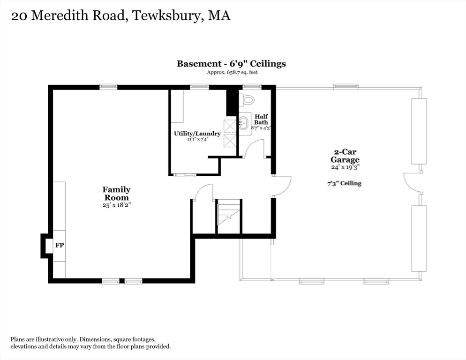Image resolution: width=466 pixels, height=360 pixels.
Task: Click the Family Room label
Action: [x=116, y=194]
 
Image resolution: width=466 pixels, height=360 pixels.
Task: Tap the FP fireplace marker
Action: [x=60, y=245]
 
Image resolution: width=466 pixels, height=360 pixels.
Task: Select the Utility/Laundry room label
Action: [x=191, y=134]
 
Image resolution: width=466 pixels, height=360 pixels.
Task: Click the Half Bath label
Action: [x=261, y=119]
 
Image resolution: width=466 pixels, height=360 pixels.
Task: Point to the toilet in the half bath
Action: [x=247, y=100]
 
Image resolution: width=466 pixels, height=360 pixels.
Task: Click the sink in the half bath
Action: [x=244, y=124]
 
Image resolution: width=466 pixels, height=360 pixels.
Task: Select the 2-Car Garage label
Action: [x=346, y=156]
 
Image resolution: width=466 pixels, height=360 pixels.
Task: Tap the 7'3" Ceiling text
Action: [x=345, y=183]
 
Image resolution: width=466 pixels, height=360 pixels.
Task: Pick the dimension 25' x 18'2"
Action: [x=116, y=205]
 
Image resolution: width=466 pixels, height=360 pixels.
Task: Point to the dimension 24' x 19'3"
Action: [x=346, y=167]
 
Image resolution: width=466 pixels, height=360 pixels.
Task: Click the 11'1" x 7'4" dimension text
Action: [x=191, y=139]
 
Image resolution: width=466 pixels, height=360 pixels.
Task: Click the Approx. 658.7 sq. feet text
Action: [x=232, y=73]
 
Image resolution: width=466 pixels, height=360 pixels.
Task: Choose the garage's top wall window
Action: [x=346, y=87]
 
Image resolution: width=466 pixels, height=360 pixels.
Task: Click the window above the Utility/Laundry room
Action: [x=199, y=87]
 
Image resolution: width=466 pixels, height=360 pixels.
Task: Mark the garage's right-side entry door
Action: [x=413, y=183]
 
